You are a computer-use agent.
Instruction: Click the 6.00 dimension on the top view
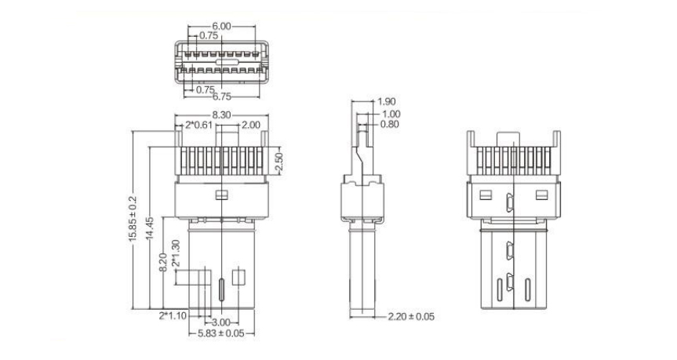221,26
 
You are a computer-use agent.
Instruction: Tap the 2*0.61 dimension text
199,125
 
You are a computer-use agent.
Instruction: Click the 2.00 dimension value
251,125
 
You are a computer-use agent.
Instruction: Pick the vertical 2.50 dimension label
278,162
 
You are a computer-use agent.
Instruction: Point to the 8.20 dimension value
162,263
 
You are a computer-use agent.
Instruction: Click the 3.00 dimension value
221,322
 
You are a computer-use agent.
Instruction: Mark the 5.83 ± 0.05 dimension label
220,333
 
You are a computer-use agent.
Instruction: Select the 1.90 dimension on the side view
386,102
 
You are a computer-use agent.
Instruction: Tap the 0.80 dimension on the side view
388,124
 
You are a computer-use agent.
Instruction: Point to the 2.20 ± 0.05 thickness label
411,317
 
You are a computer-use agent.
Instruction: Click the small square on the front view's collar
221,195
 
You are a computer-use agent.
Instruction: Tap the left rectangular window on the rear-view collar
486,193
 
